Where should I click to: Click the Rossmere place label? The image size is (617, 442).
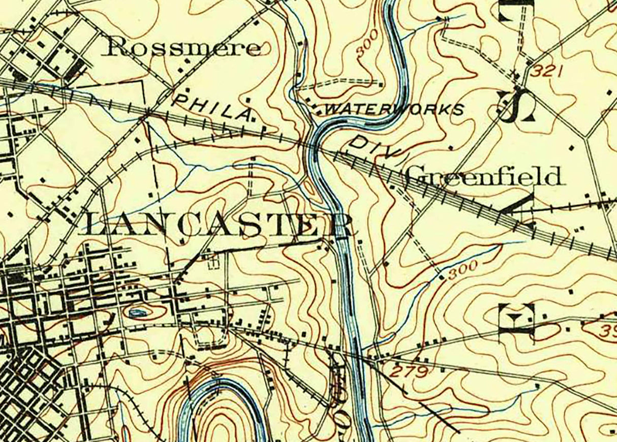183,48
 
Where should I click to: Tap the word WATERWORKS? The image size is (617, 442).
394,109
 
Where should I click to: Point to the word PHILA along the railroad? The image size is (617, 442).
212,107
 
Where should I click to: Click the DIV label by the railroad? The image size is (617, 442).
376,148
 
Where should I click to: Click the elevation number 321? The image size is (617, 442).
547,72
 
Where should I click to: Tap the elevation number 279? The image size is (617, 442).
409,372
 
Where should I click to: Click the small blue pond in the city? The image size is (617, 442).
137,312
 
